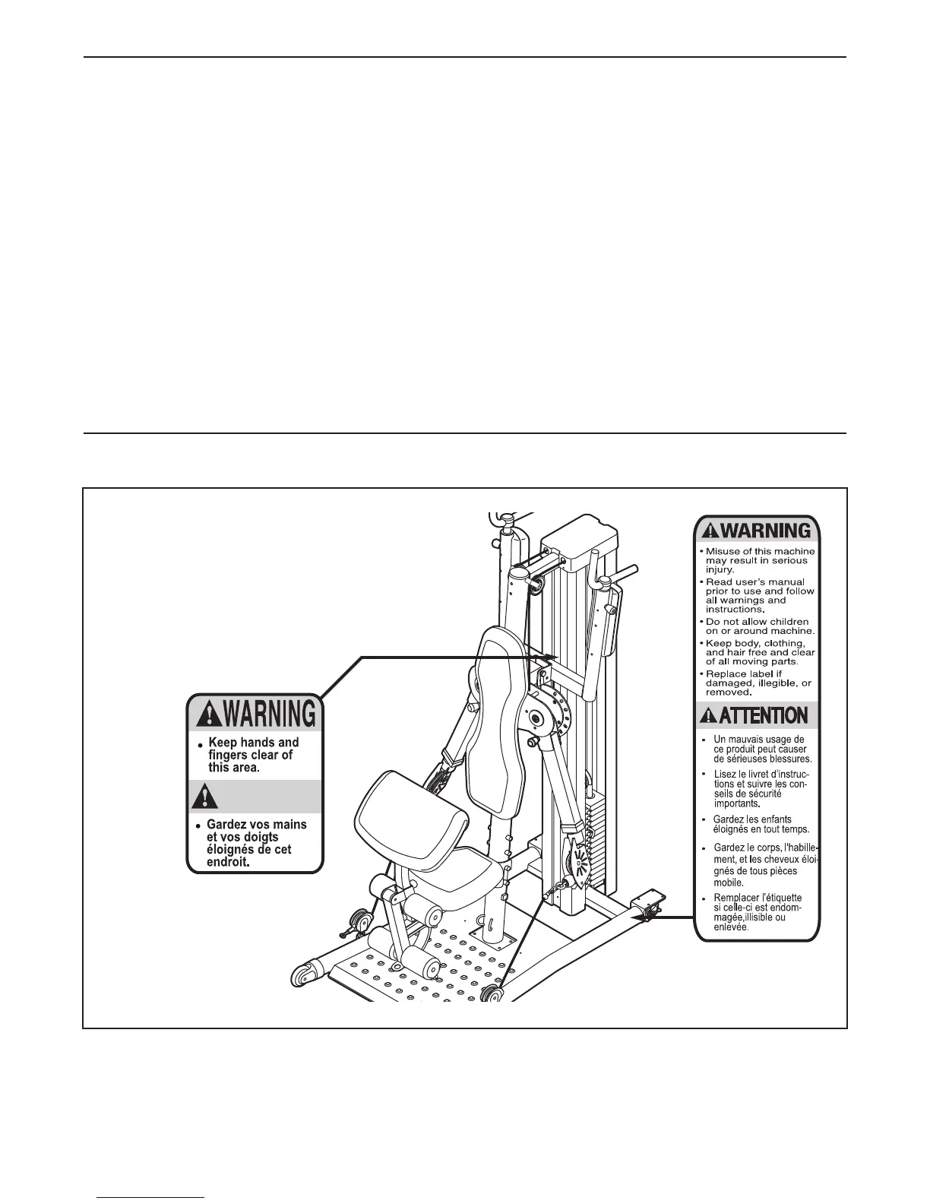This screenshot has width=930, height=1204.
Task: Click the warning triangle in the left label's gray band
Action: pyautogui.click(x=203, y=797)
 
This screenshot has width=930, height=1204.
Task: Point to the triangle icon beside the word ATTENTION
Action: pyautogui.click(x=708, y=716)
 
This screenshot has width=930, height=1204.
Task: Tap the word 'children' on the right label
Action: pyautogui.click(x=787, y=622)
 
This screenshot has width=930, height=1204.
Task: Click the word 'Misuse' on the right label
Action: pyautogui.click(x=723, y=552)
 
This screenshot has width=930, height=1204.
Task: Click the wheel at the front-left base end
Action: pyautogui.click(x=304, y=975)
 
